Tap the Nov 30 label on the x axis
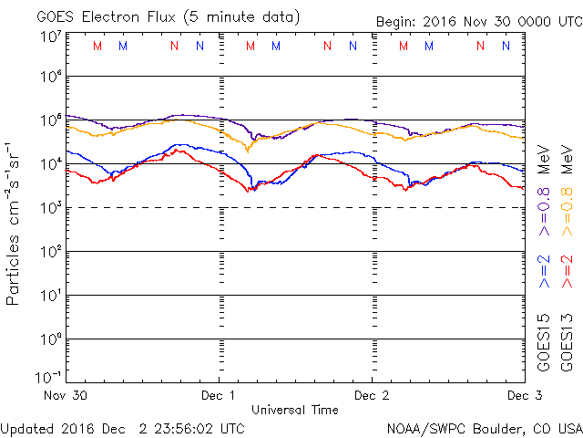65,395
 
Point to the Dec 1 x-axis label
219,395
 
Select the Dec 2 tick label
371,395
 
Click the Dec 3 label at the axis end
523,395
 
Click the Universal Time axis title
294,410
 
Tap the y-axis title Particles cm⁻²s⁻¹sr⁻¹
15,223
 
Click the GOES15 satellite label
544,341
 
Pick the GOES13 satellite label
567,341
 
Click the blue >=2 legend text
544,272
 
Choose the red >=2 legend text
567,272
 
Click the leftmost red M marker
97,46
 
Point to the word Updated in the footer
26,427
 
